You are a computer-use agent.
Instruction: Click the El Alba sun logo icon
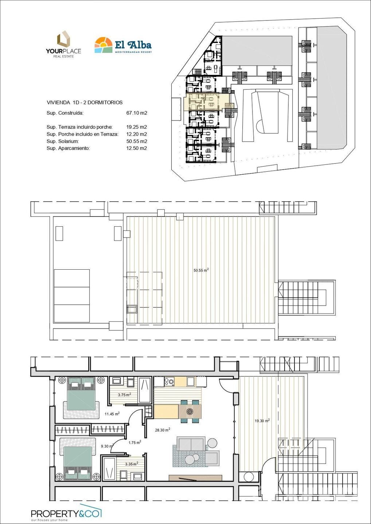[103, 45]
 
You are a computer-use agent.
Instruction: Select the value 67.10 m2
[137, 113]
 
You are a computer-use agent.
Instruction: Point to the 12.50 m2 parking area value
[137, 148]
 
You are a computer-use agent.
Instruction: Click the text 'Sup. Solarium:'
[63, 142]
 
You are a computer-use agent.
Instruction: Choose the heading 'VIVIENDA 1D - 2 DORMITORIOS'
[85, 103]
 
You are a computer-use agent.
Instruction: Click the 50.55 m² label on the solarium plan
[201, 270]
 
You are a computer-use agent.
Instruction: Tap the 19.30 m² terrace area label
[262, 421]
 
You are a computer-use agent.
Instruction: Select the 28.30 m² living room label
[162, 430]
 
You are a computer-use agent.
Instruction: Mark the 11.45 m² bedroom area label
[112, 414]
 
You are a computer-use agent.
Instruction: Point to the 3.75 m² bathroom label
[124, 395]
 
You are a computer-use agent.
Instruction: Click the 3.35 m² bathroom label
[131, 464]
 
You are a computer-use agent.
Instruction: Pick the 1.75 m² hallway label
[134, 442]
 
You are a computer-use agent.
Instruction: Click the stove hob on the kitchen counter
[169, 382]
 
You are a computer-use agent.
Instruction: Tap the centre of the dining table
[189, 412]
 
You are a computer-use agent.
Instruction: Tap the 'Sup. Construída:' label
[65, 113]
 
